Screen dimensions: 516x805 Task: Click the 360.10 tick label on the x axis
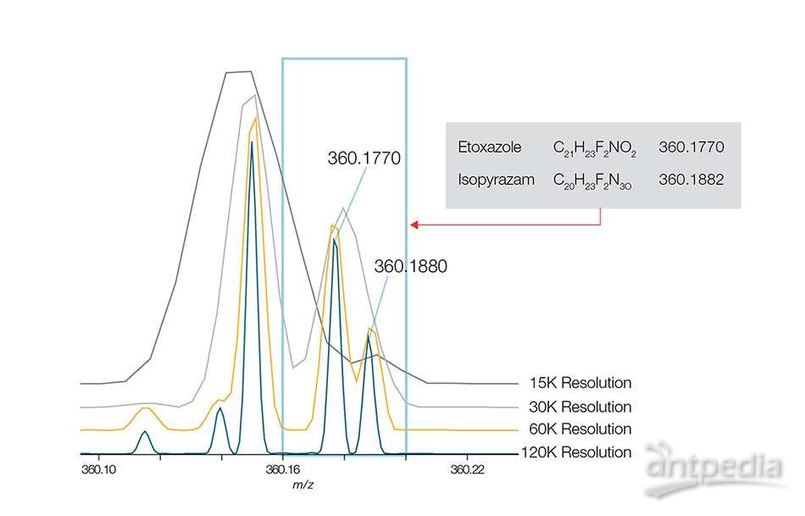click(x=97, y=469)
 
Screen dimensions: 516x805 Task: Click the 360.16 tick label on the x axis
click(x=282, y=469)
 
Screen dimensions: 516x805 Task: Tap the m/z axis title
click(x=301, y=485)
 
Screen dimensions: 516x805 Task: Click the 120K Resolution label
click(x=575, y=452)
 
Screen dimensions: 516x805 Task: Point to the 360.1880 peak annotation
click(x=410, y=266)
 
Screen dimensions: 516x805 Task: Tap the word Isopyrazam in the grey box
click(x=491, y=180)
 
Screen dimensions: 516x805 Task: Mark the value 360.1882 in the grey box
click(x=691, y=180)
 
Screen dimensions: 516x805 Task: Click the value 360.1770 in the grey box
click(x=691, y=147)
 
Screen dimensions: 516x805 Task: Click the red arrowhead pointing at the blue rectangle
click(x=414, y=225)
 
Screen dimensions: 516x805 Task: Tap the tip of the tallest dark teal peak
click(x=252, y=142)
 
